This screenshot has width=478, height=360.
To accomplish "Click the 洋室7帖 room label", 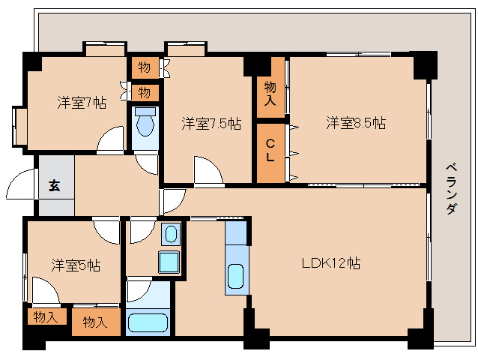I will (x=82, y=103).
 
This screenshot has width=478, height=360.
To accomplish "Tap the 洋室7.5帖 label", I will (x=211, y=124).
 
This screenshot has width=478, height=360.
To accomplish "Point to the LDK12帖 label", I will (x=331, y=263).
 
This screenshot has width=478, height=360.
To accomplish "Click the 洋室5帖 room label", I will (x=76, y=265).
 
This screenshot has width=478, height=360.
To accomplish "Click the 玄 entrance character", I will (x=55, y=186).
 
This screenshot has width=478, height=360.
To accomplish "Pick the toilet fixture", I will (x=145, y=121).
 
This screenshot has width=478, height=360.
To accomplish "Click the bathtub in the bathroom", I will (x=150, y=322).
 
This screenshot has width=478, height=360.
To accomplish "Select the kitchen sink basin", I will (x=235, y=279).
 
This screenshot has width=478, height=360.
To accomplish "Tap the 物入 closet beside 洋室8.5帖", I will (x=270, y=94).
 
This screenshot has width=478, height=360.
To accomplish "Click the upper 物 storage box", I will (x=145, y=67).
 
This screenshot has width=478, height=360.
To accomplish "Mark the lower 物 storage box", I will (x=145, y=92).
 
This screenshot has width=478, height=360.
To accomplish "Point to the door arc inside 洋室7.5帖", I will (x=208, y=169).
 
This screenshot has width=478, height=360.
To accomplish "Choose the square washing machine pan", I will (x=169, y=262).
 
